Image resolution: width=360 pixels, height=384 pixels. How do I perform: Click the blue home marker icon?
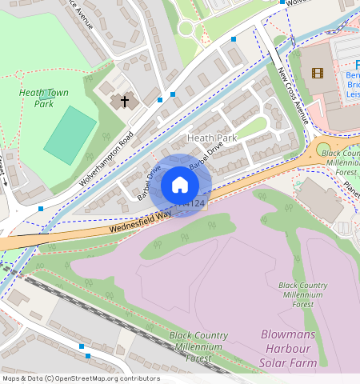[180, 186]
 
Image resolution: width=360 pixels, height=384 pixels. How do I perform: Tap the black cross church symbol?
[123, 101]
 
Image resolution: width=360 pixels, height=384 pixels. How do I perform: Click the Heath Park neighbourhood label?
[212, 138]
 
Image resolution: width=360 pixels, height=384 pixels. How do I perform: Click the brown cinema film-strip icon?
[318, 74]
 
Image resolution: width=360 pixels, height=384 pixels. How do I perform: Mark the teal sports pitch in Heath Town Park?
[70, 134]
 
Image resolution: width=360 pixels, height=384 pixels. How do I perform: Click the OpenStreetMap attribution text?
[80, 378]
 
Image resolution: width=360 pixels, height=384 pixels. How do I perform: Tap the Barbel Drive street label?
[150, 183]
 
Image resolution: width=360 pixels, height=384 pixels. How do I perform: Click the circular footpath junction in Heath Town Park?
[186, 29]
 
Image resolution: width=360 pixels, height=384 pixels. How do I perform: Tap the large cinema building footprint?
[320, 76]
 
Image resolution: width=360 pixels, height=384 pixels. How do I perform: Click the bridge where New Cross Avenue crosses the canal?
[275, 56]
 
